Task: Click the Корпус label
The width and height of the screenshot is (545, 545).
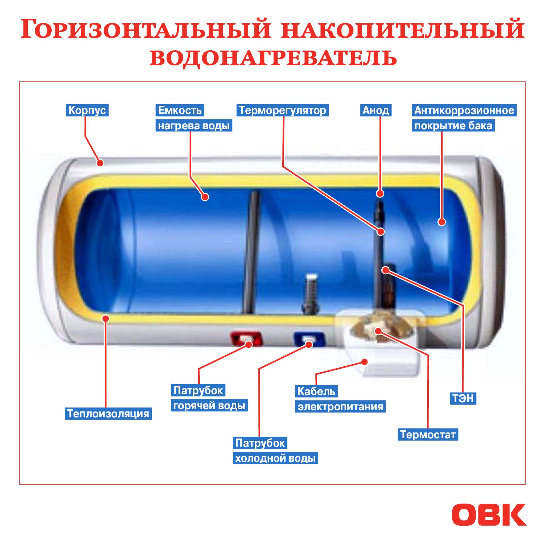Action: [87, 110]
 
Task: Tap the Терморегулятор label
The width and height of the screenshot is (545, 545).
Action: [282, 110]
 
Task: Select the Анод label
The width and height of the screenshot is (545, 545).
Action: [376, 110]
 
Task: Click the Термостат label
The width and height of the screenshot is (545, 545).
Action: [428, 434]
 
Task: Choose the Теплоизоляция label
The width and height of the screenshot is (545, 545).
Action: [108, 414]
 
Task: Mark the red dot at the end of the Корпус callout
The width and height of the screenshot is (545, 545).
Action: [100, 163]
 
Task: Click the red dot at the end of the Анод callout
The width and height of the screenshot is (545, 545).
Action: [380, 193]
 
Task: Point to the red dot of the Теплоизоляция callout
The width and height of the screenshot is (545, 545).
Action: [106, 318]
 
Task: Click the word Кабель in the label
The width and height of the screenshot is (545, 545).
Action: [316, 391]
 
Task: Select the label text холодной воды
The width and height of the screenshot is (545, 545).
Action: [275, 459]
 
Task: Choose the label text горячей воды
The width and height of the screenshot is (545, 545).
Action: [209, 406]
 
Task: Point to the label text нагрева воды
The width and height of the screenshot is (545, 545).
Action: [194, 126]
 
